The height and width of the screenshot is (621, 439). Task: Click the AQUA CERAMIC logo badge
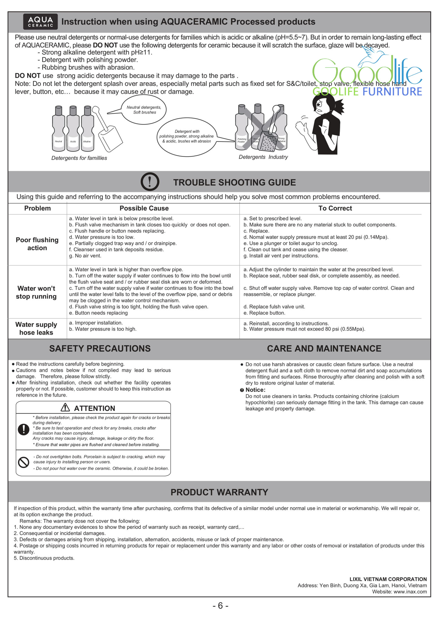pos(40,22)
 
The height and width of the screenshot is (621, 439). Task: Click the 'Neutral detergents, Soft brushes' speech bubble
pos(144,110)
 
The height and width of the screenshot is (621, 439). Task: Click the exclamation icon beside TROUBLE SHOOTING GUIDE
pos(150,182)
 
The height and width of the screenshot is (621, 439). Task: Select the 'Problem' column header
pos(37,208)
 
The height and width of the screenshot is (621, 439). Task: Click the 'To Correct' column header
pos(335,208)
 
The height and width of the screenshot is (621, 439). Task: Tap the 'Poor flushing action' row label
pos(37,244)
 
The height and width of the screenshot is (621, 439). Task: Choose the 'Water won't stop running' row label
pos(36,292)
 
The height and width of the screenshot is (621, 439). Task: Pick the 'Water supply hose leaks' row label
pos(36,328)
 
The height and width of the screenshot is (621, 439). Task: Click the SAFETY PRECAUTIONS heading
pos(100,348)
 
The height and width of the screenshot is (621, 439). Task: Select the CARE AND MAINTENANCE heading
pos(324,348)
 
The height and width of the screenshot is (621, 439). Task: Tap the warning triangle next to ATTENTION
pos(65,407)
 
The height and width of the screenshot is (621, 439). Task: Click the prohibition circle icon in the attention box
pos(24,462)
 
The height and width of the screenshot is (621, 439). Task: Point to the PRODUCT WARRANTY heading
pos(219,492)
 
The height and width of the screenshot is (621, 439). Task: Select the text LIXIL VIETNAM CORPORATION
pos(388,579)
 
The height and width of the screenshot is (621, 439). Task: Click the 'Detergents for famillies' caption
pos(79,158)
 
